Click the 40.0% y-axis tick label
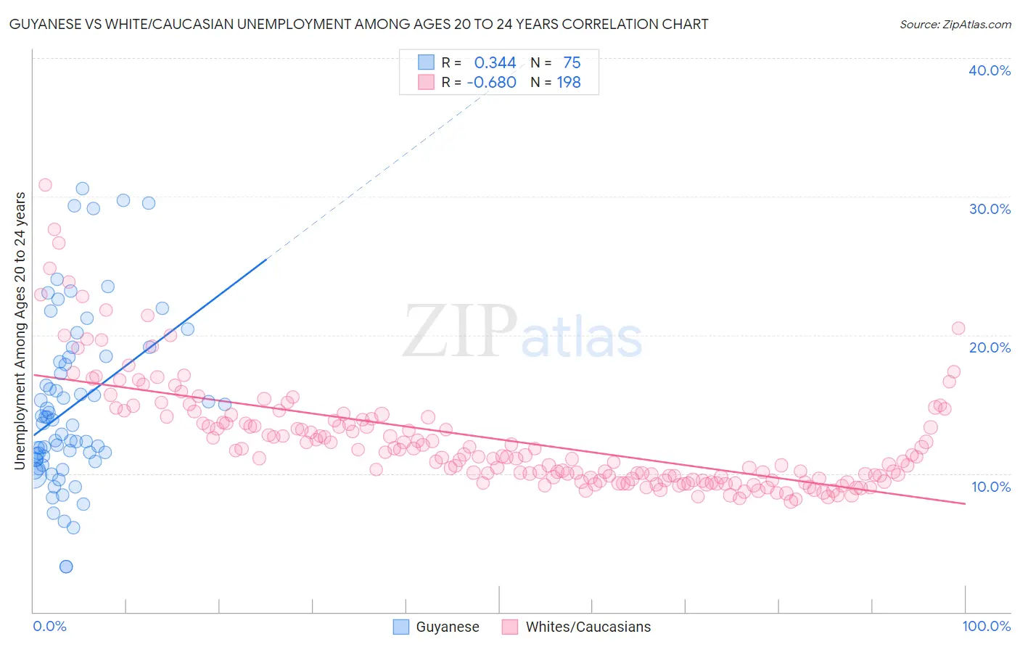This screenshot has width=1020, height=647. point(990,70)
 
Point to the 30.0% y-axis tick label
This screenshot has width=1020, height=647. point(990,209)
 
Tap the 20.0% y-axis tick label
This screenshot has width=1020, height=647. point(990,347)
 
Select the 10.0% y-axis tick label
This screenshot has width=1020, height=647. point(990,487)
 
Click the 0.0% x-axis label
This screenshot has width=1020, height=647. point(49,626)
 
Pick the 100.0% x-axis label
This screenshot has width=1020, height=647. point(986,626)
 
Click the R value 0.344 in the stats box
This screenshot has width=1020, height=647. point(495,63)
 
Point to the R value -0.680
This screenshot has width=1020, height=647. point(491,83)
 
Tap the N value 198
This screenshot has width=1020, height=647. point(569,83)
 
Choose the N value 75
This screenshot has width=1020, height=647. point(572,63)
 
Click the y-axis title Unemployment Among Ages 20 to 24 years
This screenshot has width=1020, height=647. point(20,331)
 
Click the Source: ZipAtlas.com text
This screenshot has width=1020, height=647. point(955,25)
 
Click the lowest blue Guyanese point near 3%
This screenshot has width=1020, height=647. point(66,566)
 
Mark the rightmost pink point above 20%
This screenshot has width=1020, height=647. point(958,328)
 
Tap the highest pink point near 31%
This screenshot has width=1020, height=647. point(45,185)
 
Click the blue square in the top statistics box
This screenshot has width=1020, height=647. point(426,62)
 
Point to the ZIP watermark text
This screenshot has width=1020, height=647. point(460,331)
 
